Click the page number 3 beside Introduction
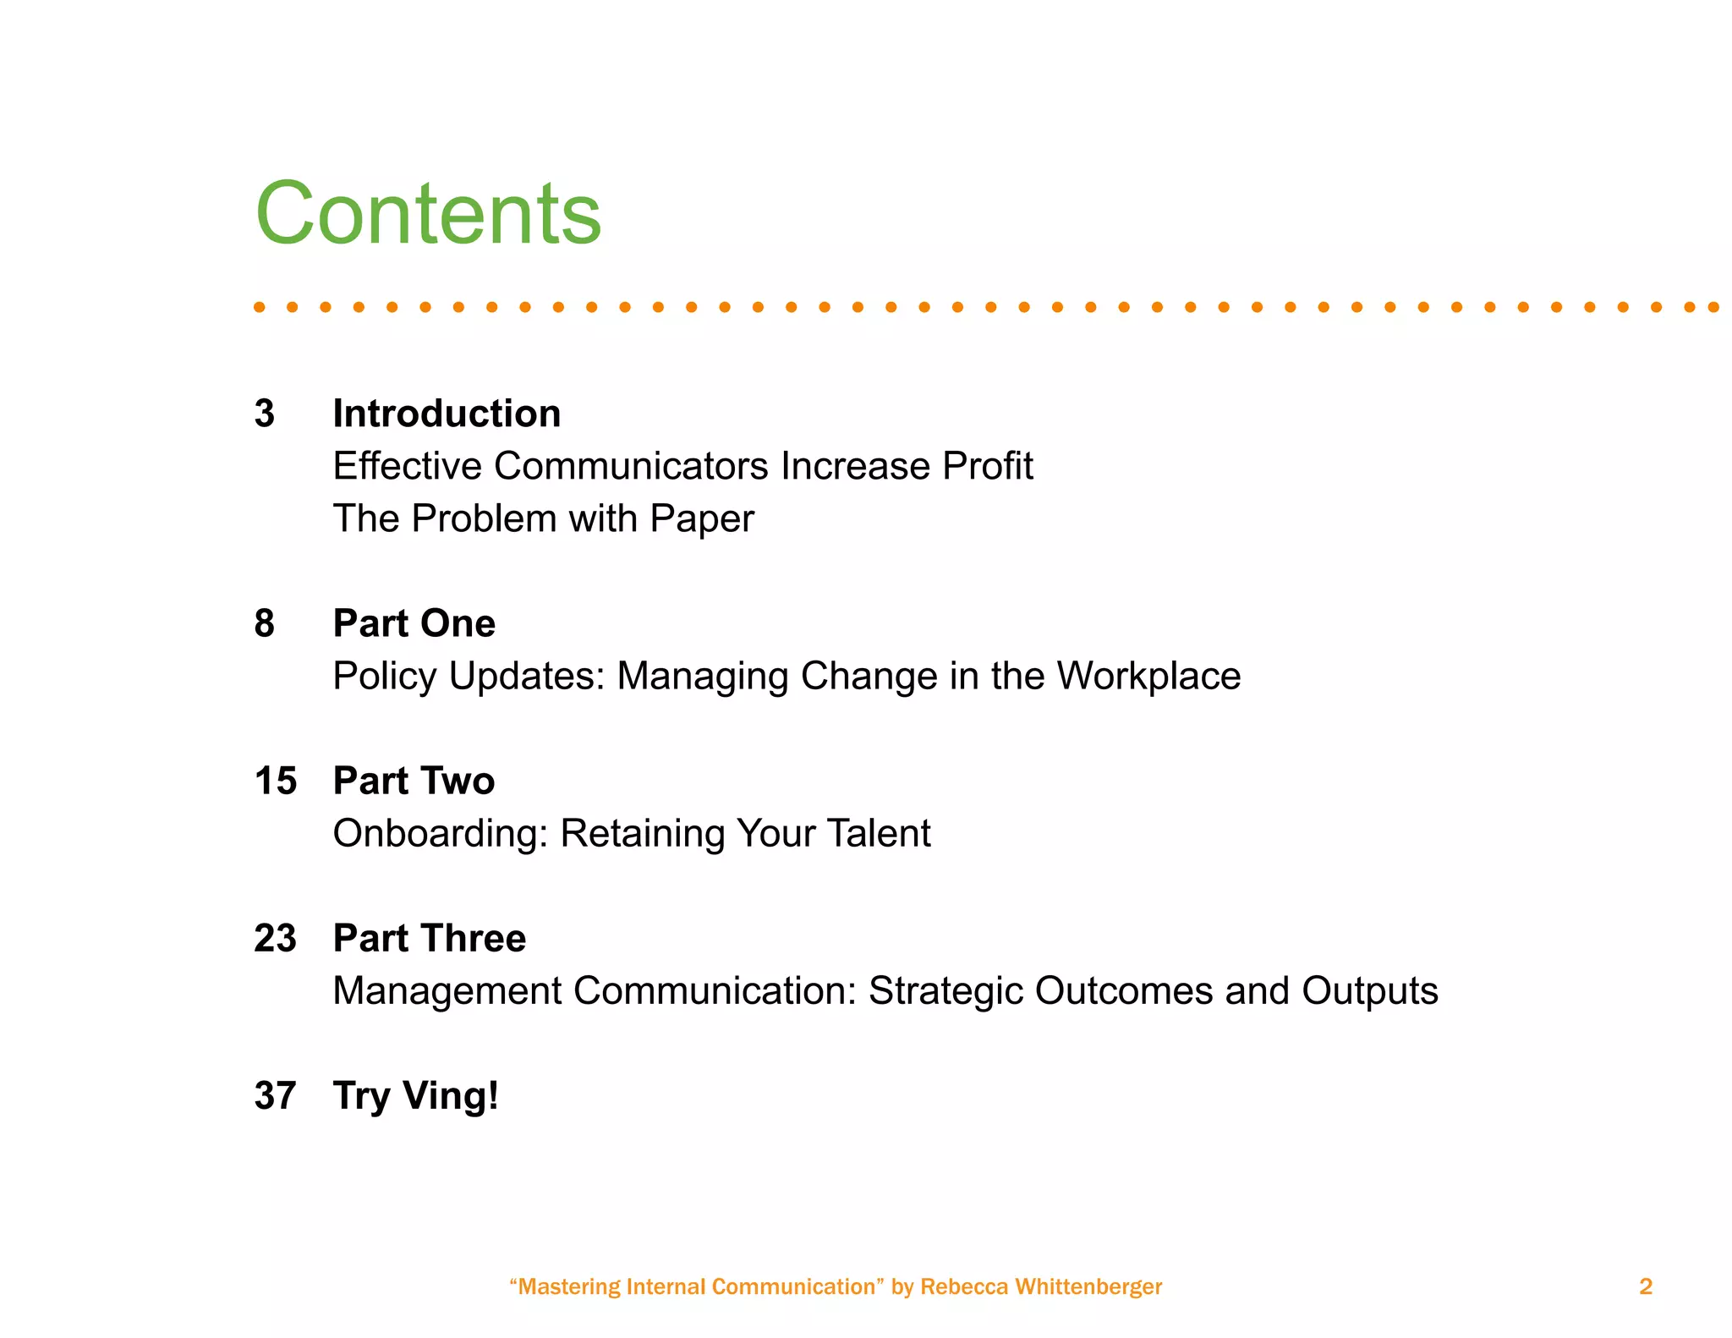point(265,414)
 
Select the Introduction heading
point(447,414)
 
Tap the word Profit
point(987,466)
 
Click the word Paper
point(701,518)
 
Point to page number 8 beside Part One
point(265,623)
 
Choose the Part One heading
point(414,623)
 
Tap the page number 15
point(276,781)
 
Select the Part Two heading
point(414,781)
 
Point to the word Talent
point(878,833)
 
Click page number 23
point(276,938)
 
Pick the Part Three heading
point(429,938)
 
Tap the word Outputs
point(1369,991)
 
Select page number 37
point(276,1095)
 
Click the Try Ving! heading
point(415,1096)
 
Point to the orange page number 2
point(1645,1286)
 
